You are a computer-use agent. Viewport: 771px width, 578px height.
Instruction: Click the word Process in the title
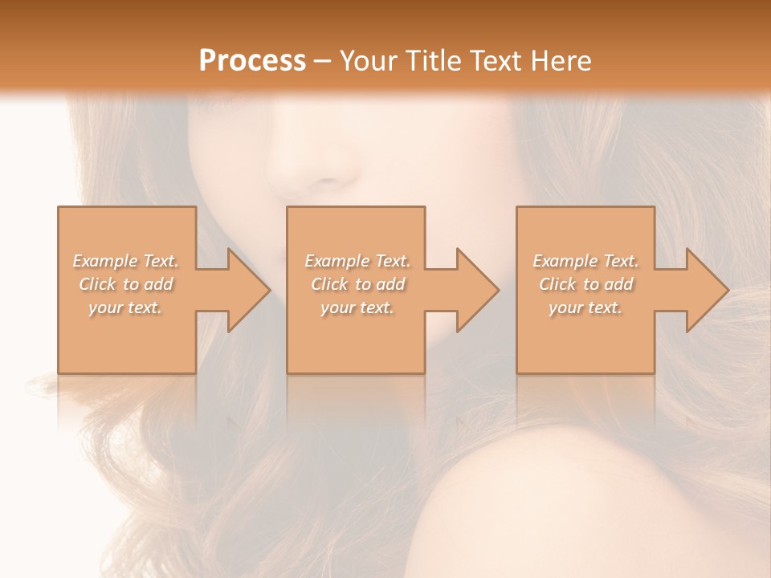(252, 61)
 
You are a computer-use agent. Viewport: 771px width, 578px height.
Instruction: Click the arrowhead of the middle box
(476, 290)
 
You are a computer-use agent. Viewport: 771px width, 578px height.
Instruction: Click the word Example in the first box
(105, 261)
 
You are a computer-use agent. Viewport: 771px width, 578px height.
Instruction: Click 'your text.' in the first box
(125, 307)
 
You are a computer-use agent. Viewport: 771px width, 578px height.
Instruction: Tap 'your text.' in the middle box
(357, 307)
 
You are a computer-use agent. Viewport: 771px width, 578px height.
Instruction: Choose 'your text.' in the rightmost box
(585, 307)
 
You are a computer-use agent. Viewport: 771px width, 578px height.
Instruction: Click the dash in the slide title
(323, 61)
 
